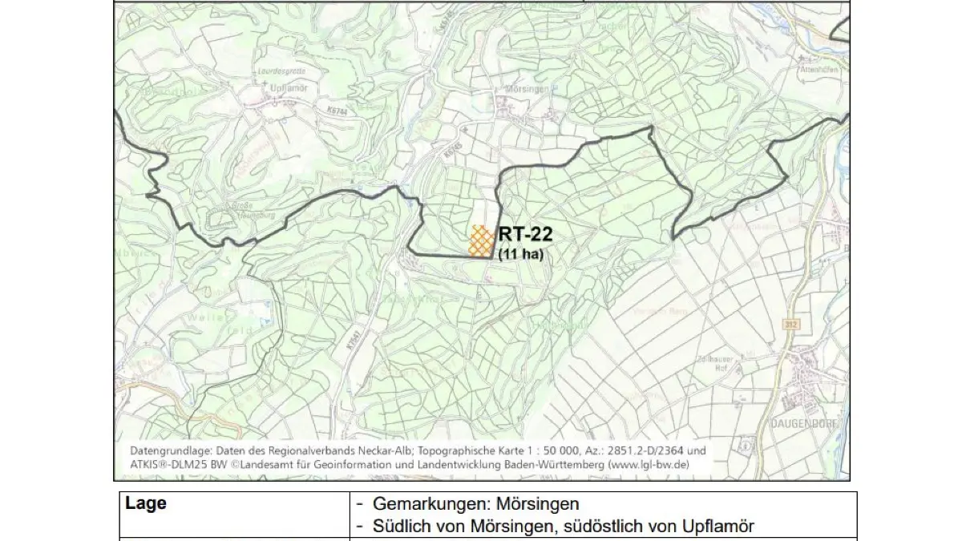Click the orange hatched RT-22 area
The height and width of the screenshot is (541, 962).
[480, 240]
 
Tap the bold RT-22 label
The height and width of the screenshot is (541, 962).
[525, 235]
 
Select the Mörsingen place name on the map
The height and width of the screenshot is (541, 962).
[526, 89]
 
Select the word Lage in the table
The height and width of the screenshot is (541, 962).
[146, 504]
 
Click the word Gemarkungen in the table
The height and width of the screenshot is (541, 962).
[420, 506]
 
